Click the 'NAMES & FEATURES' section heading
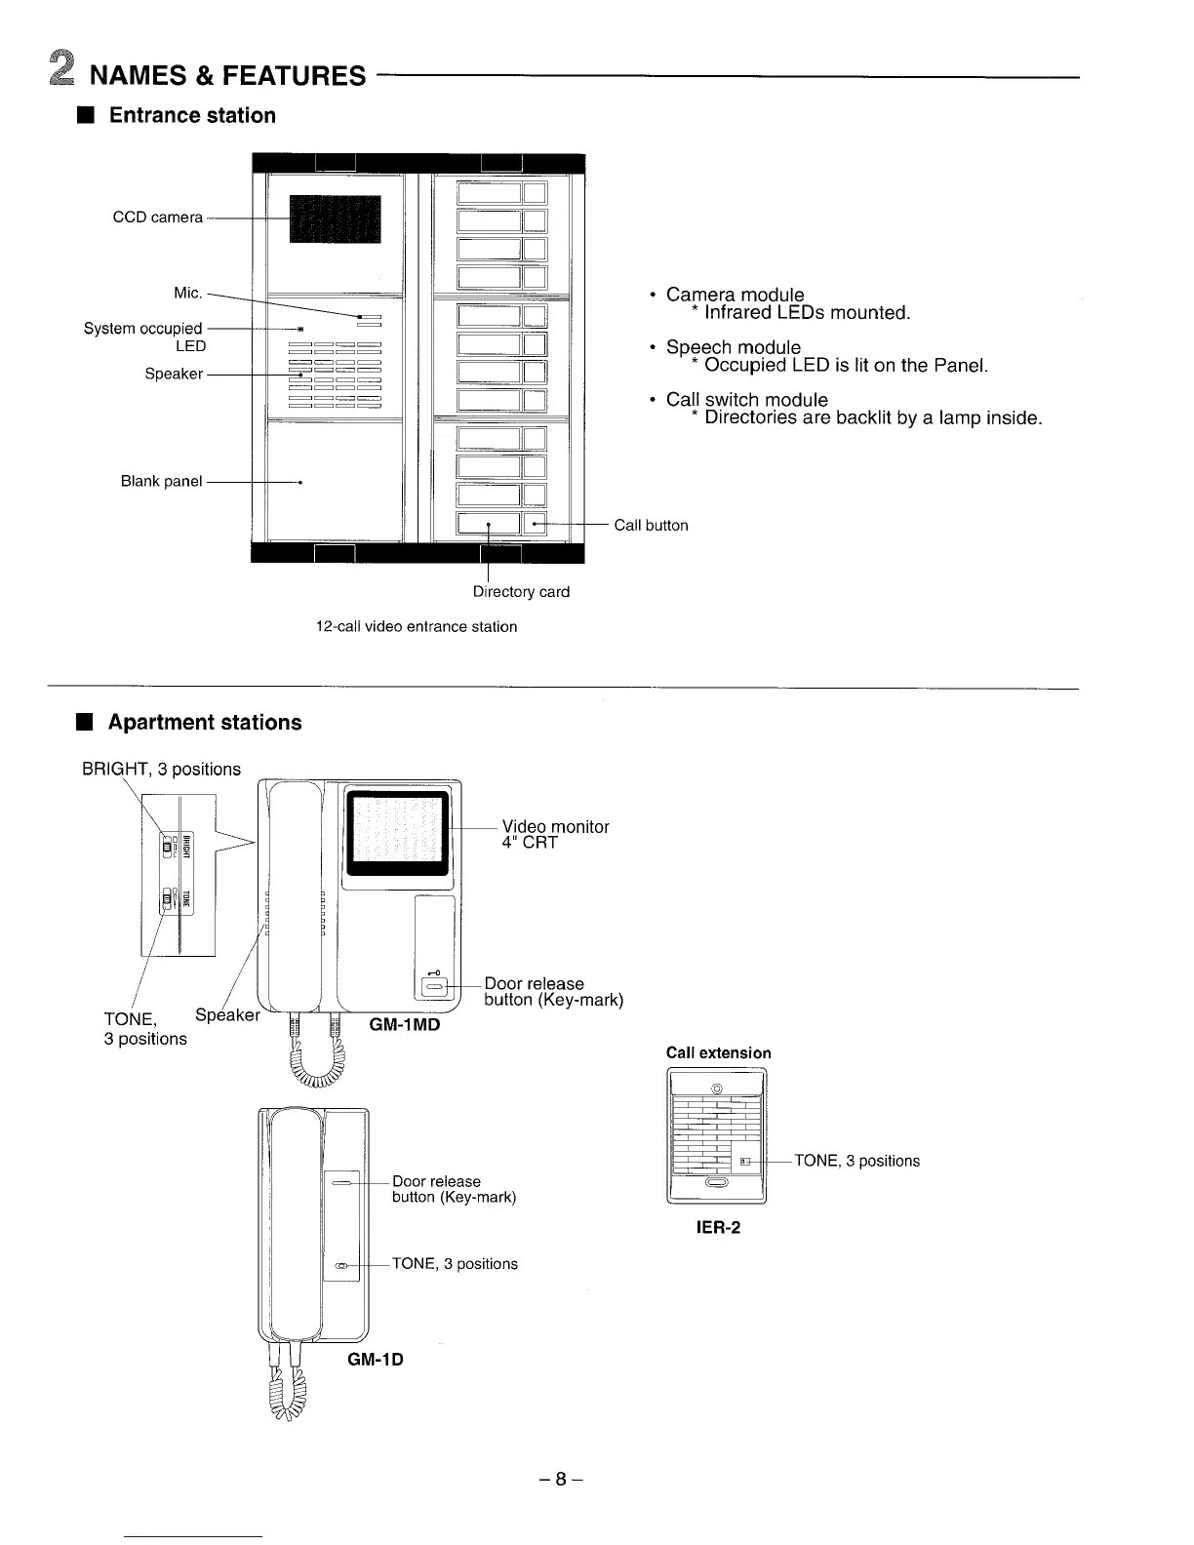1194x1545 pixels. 227,75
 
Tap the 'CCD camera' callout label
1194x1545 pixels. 158,218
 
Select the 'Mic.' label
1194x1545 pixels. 188,293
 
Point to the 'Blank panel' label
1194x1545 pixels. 161,481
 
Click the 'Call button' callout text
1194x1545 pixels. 651,526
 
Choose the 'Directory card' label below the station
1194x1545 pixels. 521,592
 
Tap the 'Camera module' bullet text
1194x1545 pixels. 735,295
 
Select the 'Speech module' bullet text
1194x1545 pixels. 733,347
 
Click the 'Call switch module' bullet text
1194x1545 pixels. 746,400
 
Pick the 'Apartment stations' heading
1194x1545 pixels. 205,723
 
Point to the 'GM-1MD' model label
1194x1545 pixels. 405,1025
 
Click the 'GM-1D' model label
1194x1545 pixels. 376,1359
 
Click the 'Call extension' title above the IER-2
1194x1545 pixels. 718,1053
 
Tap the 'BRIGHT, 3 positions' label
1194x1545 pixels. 161,770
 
